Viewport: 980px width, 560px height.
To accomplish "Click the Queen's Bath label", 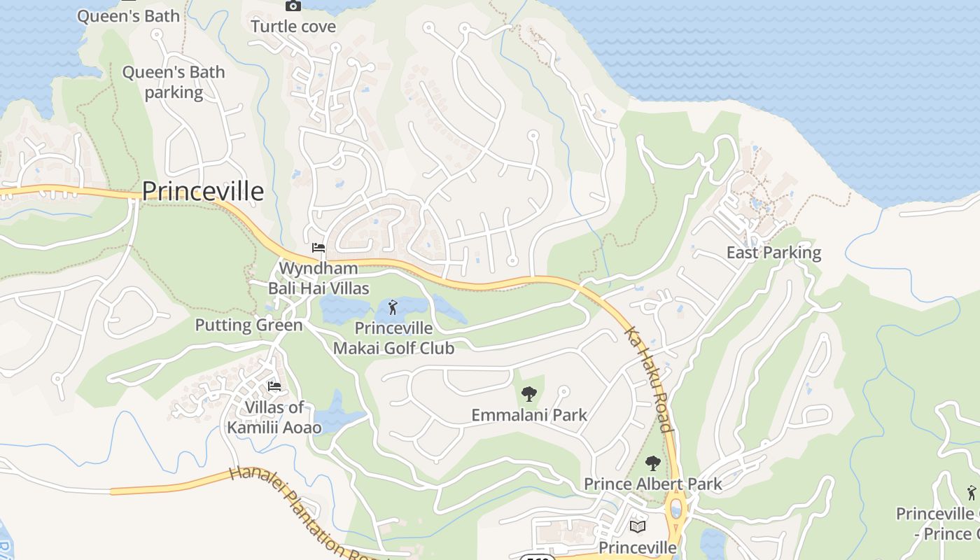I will click(x=128, y=16).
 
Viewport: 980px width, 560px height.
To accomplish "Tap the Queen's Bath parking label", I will click(x=174, y=82).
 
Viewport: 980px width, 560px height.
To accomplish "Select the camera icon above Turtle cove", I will click(x=293, y=6).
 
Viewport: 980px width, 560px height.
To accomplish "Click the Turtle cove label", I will click(x=293, y=27).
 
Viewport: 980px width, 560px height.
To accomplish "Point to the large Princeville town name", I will click(x=203, y=191).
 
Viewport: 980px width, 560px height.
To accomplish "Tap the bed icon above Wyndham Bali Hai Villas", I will click(x=318, y=248).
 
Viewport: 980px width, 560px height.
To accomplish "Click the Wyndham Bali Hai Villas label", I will click(x=318, y=278).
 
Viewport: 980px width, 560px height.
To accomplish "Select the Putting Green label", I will click(x=248, y=325).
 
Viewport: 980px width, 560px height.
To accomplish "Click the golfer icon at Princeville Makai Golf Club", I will click(x=393, y=307).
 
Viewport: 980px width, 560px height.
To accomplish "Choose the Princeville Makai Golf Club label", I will click(x=393, y=338).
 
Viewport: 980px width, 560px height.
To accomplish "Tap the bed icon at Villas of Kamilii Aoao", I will click(x=274, y=386).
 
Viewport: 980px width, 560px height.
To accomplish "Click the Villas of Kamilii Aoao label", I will click(x=274, y=417).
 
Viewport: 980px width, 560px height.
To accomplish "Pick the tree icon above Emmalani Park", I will click(x=529, y=394).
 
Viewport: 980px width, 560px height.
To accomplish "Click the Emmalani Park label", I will click(x=529, y=415).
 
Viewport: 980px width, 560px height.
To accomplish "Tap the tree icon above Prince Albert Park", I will click(x=652, y=463).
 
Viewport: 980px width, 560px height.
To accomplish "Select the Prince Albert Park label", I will click(x=652, y=484).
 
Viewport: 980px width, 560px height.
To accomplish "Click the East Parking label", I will click(x=773, y=253).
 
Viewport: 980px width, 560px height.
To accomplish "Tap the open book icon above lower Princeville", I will click(x=638, y=526).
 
